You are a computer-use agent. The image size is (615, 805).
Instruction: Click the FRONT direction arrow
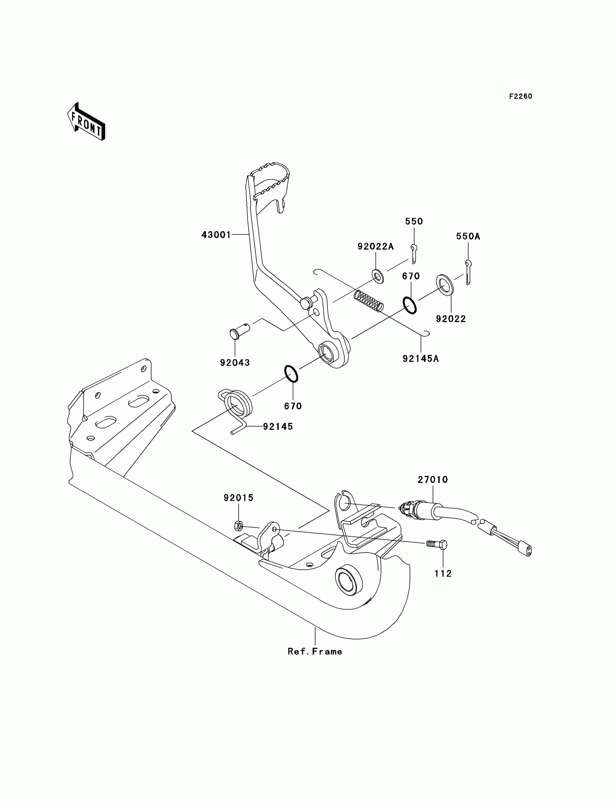[86, 122]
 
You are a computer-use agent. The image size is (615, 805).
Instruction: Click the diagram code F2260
[521, 96]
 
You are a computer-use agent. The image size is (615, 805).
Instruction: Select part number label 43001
[216, 235]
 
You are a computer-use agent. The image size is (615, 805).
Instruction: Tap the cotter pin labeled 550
[413, 253]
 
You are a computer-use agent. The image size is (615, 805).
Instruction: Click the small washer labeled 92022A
[377, 276]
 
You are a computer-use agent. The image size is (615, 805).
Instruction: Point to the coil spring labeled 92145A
[369, 301]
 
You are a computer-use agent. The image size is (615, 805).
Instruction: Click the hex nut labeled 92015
[238, 526]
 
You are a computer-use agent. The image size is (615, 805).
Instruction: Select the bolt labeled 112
[437, 544]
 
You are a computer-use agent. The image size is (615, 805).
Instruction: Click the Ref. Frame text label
[315, 651]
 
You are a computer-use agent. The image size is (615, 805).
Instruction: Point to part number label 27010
[433, 479]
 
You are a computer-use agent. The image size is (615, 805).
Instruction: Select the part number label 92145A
[421, 359]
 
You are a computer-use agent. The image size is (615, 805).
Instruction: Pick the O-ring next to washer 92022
[410, 305]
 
